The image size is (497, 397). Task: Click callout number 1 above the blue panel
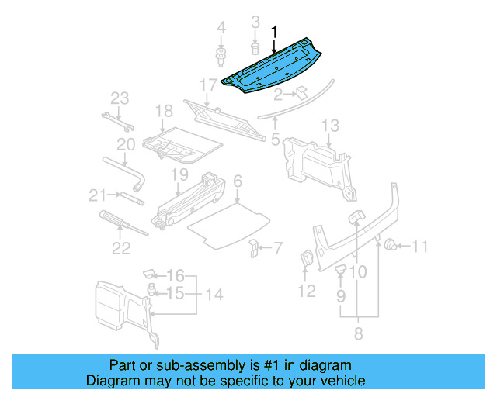coord(273,32)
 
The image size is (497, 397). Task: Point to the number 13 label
coord(330,125)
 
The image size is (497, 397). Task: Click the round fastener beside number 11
coord(391,247)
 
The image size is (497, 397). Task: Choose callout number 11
coord(419,247)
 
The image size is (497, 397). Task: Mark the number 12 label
coord(307,292)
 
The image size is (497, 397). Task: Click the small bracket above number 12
coord(306,260)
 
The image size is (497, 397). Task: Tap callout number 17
coord(208,85)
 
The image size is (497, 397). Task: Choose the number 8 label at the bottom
coord(357,334)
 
